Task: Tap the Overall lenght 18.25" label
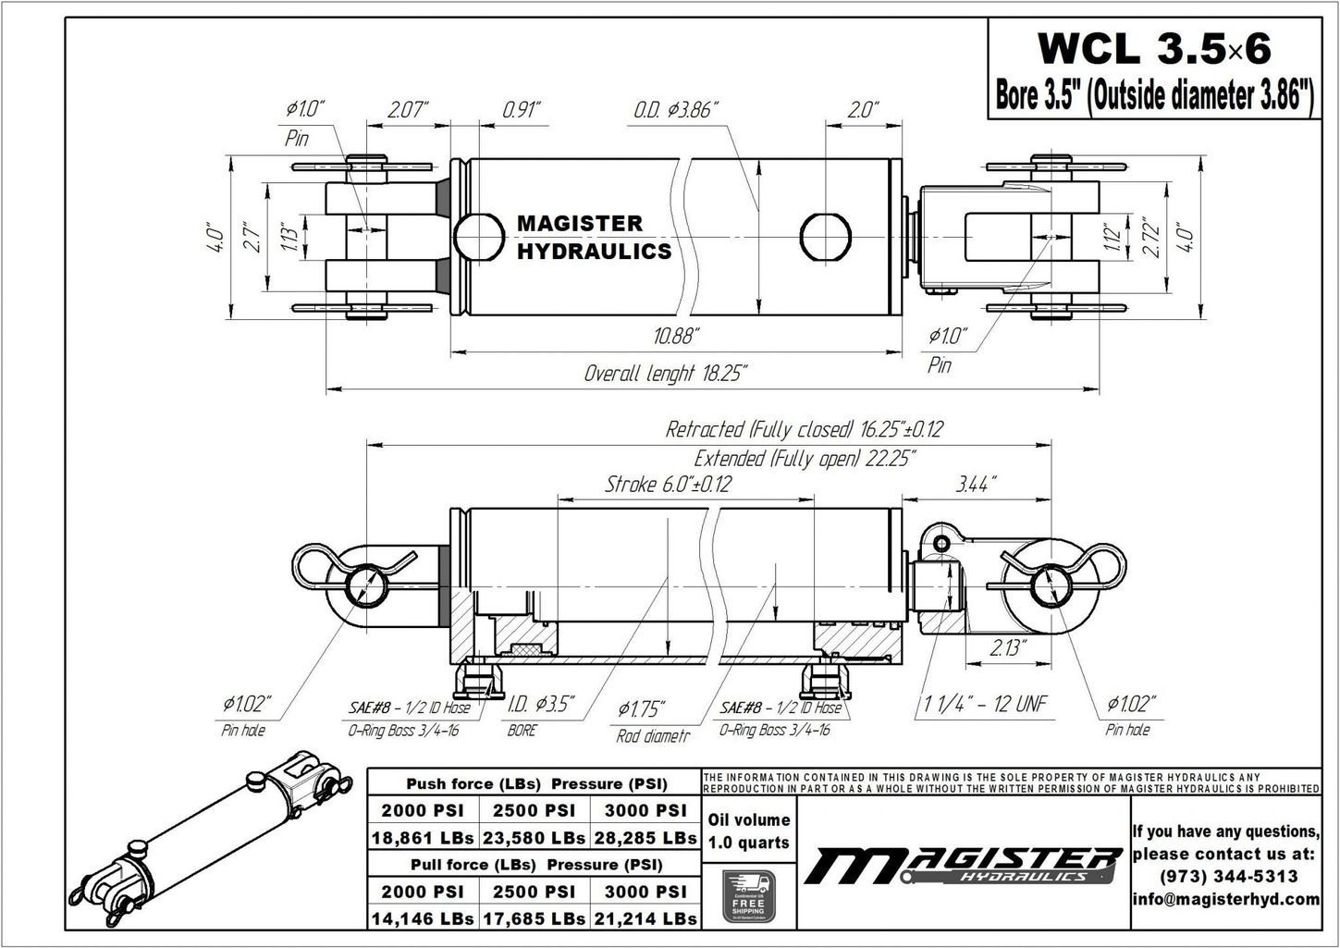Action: click(665, 374)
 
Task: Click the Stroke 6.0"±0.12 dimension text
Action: click(668, 484)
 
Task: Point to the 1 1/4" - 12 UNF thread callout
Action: click(984, 705)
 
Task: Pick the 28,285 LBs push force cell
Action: click(645, 838)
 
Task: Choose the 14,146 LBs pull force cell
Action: click(423, 918)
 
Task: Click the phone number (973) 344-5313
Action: click(1226, 876)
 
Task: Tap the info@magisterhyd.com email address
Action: click(1226, 899)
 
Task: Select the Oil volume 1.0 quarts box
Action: click(748, 831)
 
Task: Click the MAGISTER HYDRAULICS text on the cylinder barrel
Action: click(593, 238)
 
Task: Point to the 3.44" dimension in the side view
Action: click(976, 484)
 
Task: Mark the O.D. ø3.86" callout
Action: click(676, 110)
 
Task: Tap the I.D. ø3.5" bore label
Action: click(542, 705)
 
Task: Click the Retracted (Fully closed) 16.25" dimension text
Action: click(804, 429)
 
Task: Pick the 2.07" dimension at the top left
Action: click(408, 110)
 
